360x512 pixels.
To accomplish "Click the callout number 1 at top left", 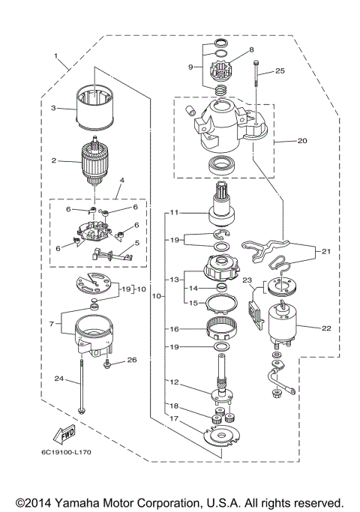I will (56, 56).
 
